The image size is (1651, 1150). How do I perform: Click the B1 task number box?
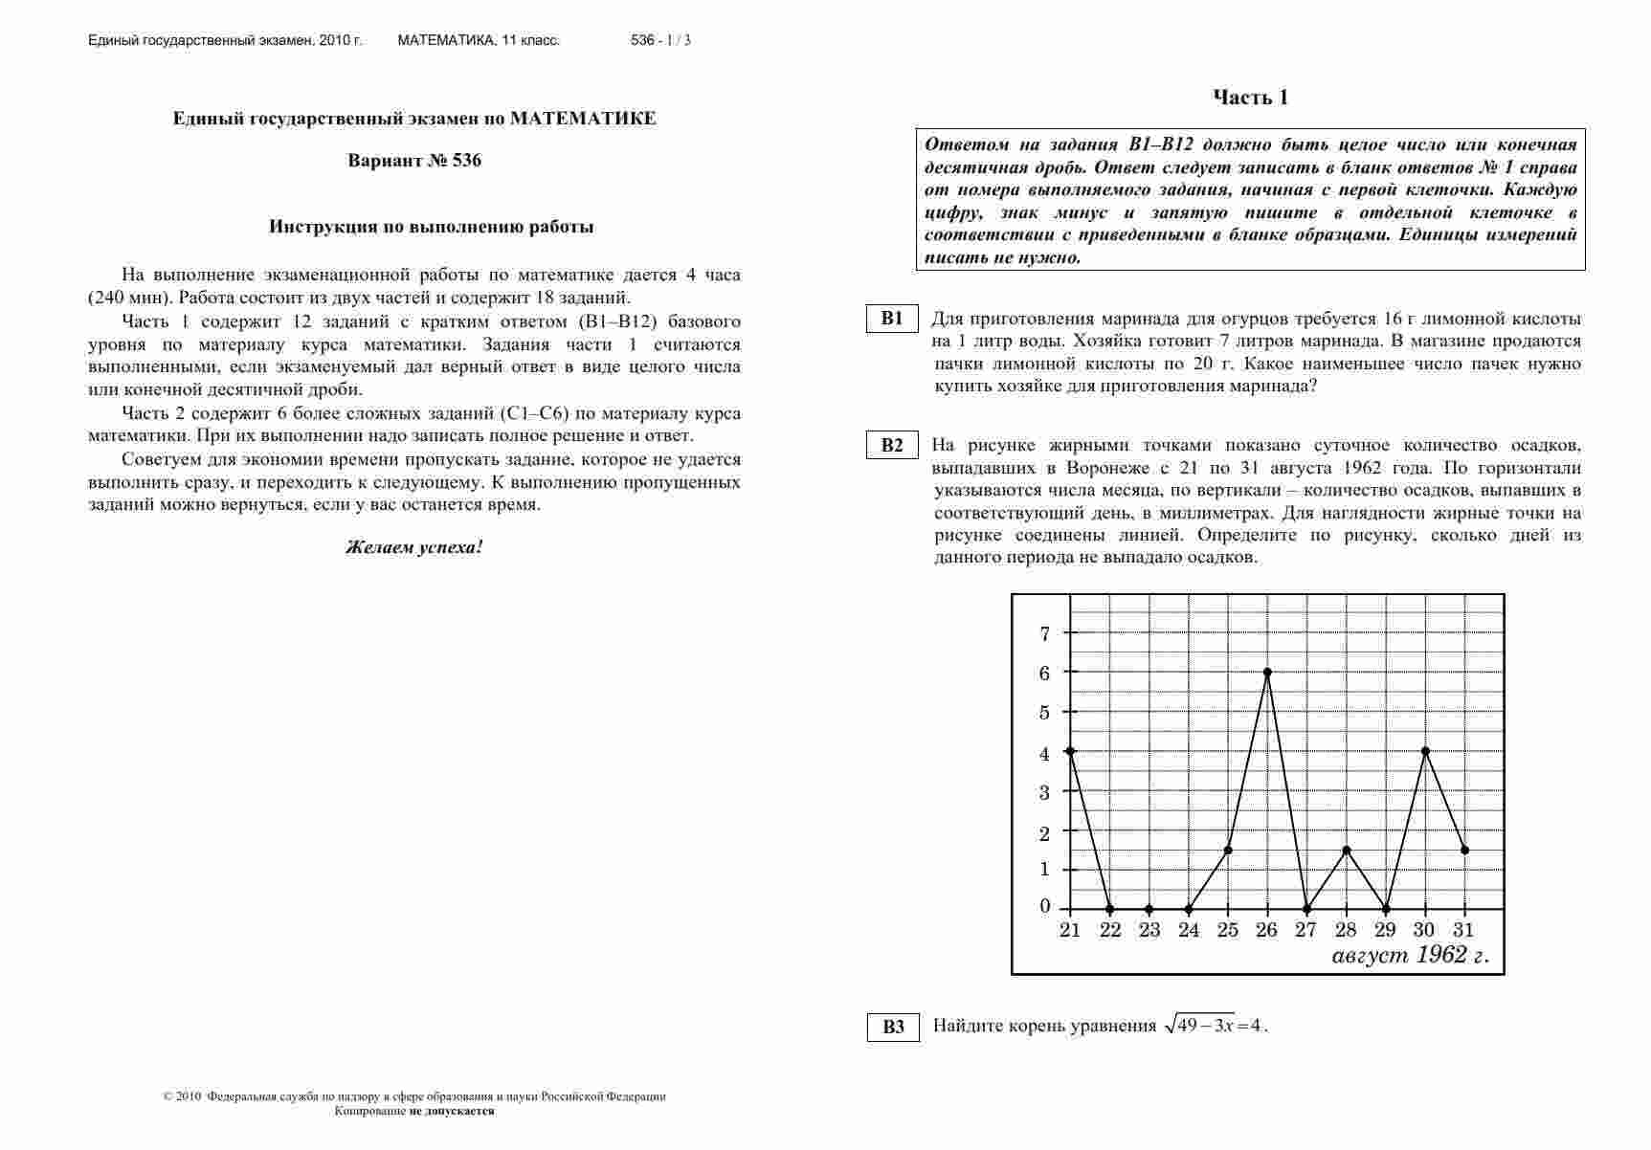[x=892, y=319]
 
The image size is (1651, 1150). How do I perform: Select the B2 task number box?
[x=892, y=445]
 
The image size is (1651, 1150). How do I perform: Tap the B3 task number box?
[x=893, y=1027]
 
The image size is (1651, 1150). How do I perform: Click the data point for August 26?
[x=1267, y=672]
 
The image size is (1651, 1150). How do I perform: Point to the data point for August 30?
[x=1426, y=751]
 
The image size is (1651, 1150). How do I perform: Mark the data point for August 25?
[x=1228, y=850]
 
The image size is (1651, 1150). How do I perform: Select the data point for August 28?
[x=1347, y=850]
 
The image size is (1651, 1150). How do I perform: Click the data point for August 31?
[x=1465, y=850]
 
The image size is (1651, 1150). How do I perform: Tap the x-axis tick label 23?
[x=1149, y=930]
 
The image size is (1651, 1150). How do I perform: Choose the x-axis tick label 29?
[x=1385, y=930]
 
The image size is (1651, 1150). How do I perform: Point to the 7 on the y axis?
[x=1044, y=632]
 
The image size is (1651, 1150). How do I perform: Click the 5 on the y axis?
[x=1044, y=713]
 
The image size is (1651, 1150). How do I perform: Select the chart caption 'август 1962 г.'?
[x=1410, y=956]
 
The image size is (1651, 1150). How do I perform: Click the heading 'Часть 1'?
[x=1250, y=98]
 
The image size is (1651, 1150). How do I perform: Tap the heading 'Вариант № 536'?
[x=414, y=161]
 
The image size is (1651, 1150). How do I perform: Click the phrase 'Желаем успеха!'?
[x=413, y=548]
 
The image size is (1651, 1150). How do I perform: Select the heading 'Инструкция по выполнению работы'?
[x=431, y=227]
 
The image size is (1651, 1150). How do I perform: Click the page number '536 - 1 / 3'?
[x=660, y=40]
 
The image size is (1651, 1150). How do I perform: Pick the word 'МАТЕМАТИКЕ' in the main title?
[x=583, y=119]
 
